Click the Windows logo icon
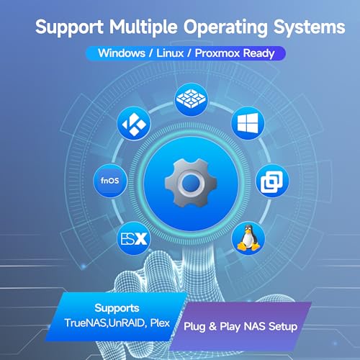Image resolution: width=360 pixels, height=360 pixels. point(248,123)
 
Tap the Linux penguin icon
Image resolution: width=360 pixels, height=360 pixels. point(248,238)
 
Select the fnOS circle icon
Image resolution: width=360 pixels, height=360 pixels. point(110,181)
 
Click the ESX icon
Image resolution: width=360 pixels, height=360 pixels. point(134,238)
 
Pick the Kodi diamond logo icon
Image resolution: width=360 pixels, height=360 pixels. point(134,123)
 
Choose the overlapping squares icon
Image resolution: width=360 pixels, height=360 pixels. point(272,181)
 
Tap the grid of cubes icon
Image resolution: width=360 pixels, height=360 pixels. point(192,99)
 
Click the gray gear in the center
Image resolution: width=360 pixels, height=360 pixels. point(191,184)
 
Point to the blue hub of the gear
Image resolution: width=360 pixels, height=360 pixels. point(191,184)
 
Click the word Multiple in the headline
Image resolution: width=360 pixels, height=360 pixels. point(143,27)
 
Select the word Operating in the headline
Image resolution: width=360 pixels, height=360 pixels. point(225,28)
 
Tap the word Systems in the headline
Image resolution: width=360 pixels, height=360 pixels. point(310,27)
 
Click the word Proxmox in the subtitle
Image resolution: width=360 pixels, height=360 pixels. point(217,53)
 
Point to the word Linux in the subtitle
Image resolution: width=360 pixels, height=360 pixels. point(170,53)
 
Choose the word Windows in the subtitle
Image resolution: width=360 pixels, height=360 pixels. point(122,53)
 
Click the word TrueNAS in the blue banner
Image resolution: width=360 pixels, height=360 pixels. point(86,323)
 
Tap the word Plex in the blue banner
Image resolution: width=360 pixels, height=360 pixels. point(160,323)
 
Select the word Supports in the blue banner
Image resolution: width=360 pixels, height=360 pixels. point(117,308)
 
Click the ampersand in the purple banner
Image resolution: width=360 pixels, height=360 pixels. point(212,326)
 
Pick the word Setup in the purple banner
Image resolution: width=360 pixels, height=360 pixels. point(283,327)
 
